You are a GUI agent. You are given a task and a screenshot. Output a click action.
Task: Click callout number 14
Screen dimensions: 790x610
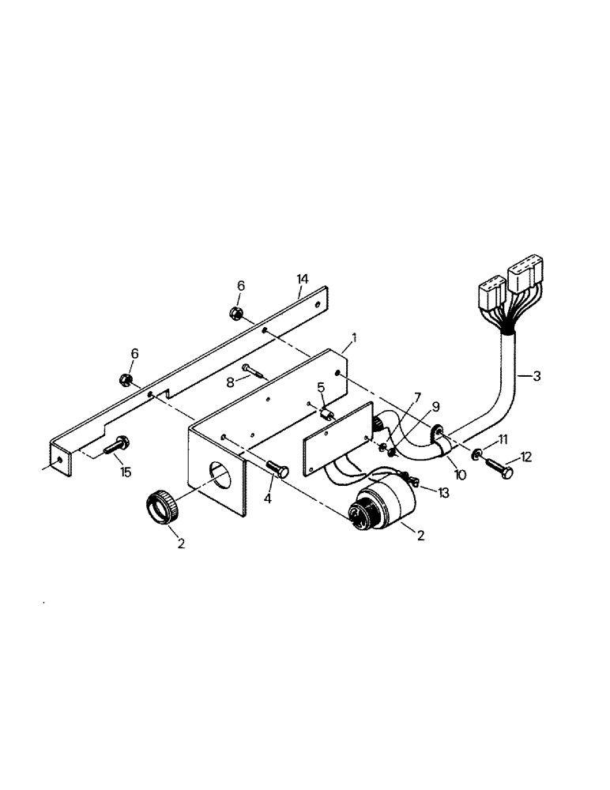[302, 278]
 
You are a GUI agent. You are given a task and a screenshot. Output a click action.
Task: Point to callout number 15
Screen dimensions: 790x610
[125, 472]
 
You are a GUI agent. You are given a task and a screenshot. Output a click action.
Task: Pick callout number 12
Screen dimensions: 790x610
[526, 456]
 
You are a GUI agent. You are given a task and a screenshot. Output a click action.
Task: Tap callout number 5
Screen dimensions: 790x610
[321, 387]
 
